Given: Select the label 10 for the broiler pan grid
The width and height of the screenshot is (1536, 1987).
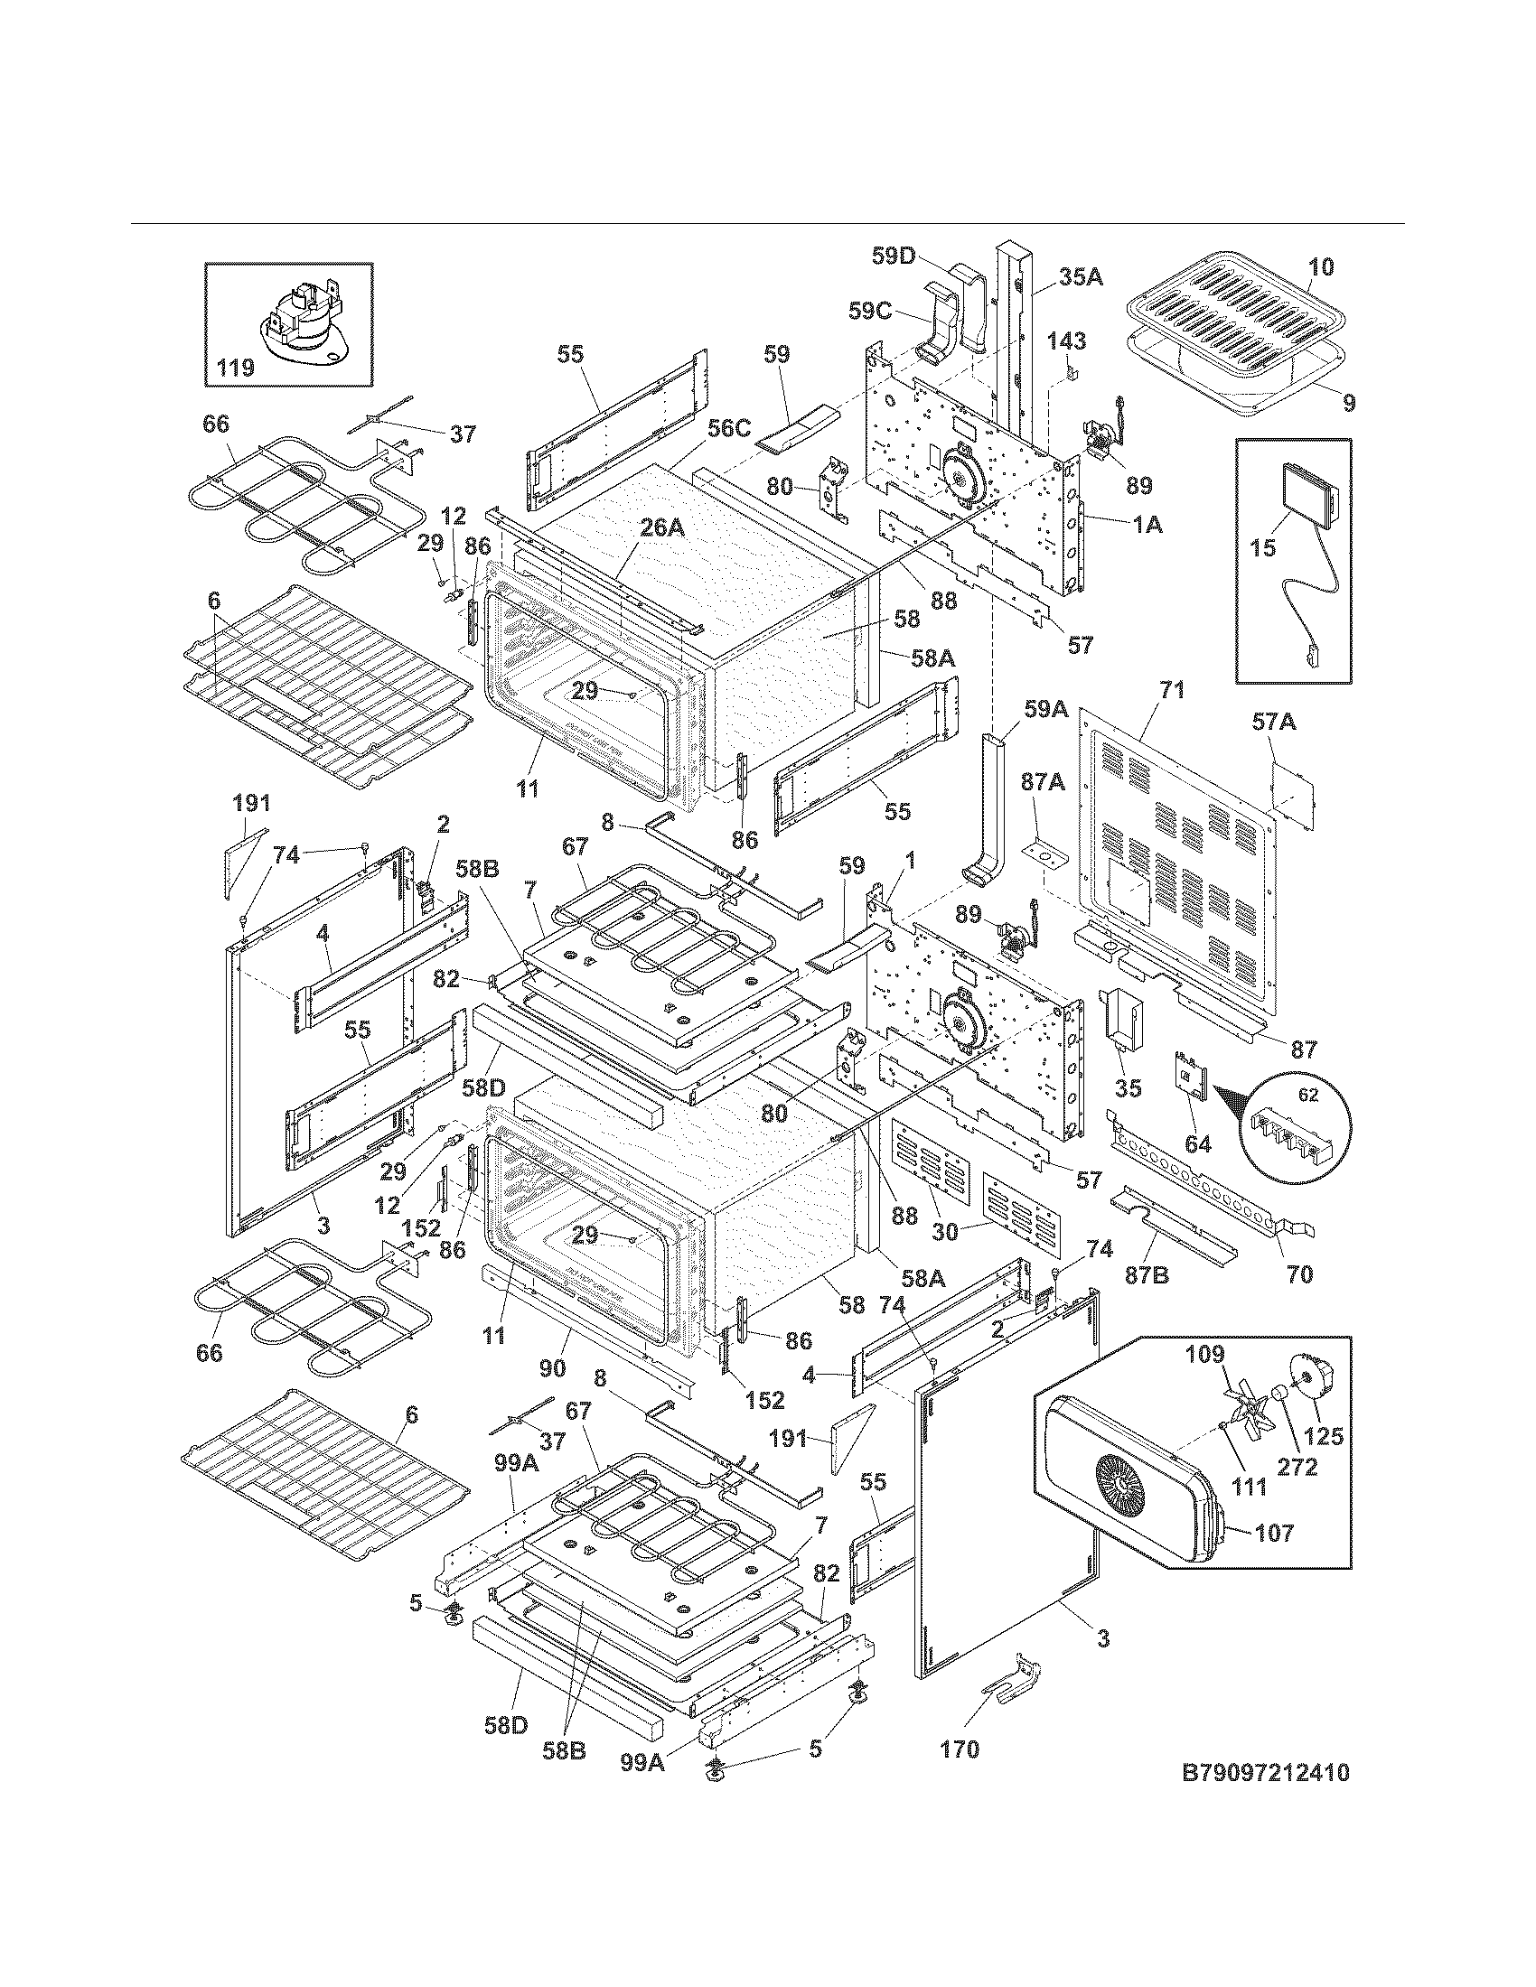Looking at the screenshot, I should pyautogui.click(x=1321, y=266).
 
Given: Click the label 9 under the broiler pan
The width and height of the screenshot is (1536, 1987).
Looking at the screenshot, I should pyautogui.click(x=1349, y=402).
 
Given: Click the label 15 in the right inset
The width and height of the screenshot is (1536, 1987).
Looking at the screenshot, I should pyautogui.click(x=1263, y=547).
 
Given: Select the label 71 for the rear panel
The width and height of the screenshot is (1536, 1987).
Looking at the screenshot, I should pyautogui.click(x=1172, y=691).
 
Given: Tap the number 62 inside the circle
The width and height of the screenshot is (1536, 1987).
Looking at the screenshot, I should pyautogui.click(x=1307, y=1096).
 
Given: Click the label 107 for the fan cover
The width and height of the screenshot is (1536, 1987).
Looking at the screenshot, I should pyautogui.click(x=1274, y=1533).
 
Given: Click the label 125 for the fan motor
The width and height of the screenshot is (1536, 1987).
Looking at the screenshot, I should pyautogui.click(x=1323, y=1436).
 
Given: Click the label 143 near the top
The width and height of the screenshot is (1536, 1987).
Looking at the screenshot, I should pyautogui.click(x=1065, y=341).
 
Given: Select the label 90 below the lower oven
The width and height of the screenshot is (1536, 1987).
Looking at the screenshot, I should pyautogui.click(x=552, y=1368).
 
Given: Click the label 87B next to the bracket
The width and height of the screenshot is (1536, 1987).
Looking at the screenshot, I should pyautogui.click(x=1147, y=1275).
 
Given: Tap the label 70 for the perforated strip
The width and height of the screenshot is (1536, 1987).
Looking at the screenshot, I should pyautogui.click(x=1300, y=1274).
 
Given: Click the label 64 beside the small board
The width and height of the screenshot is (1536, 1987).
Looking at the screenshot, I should pyautogui.click(x=1197, y=1143).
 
